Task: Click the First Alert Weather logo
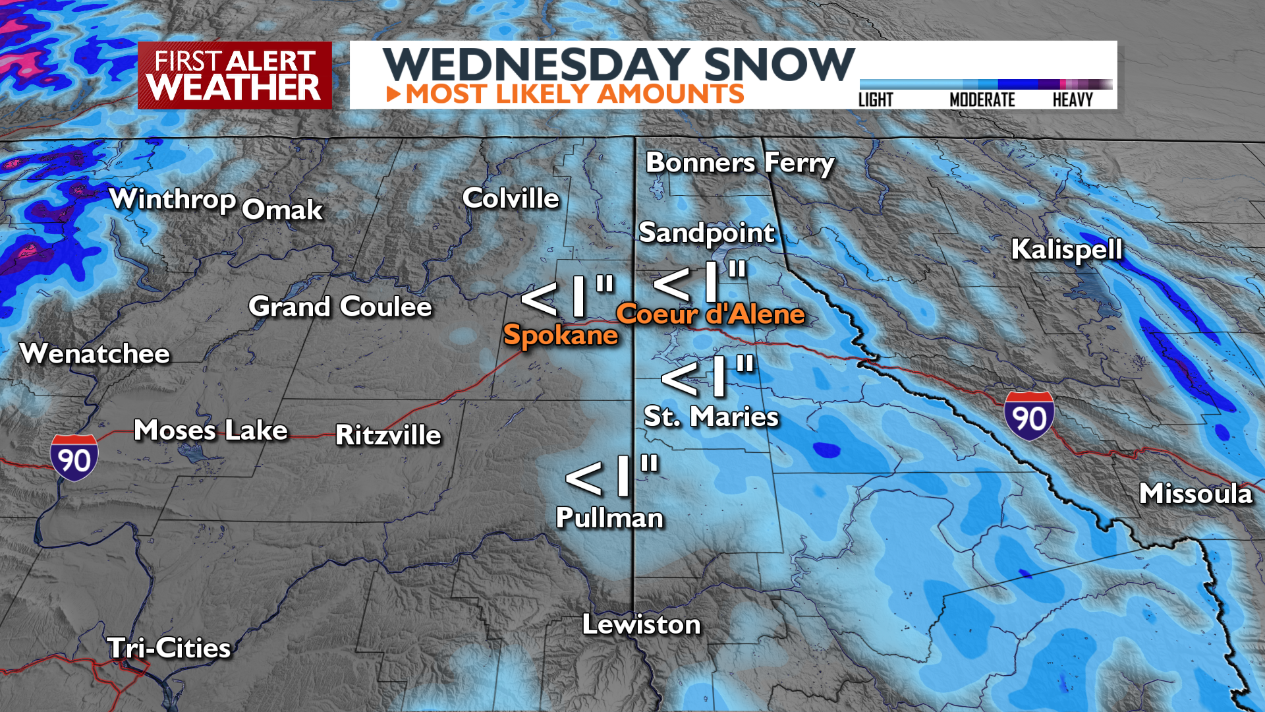[235, 75]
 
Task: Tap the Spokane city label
[560, 336]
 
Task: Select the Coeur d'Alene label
[710, 314]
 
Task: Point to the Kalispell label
[1066, 250]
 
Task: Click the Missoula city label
[1195, 494]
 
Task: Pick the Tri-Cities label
[169, 648]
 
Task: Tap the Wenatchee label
[95, 354]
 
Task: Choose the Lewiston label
[641, 624]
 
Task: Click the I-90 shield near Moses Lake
[74, 458]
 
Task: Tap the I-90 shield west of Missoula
[1028, 415]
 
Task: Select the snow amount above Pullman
[612, 476]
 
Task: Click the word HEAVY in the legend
[1072, 100]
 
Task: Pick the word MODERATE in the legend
[982, 100]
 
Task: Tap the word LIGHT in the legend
[876, 100]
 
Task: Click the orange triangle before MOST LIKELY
[393, 94]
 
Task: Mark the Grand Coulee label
[340, 307]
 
